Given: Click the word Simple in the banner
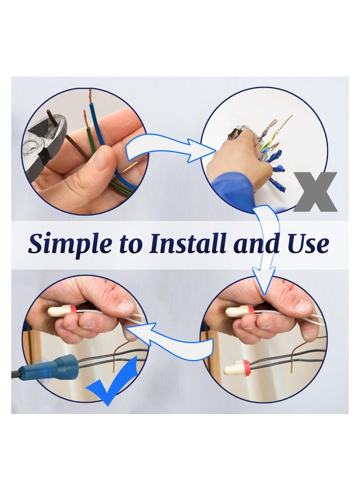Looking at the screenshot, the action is (x=70, y=244).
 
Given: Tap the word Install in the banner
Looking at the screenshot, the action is (x=188, y=243).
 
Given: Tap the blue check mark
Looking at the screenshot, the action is (x=112, y=383).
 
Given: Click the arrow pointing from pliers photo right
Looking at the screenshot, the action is (x=169, y=148).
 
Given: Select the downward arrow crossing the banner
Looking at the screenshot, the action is (x=265, y=248).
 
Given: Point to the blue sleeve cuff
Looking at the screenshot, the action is (x=234, y=187).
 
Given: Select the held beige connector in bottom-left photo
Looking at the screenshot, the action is (x=62, y=311).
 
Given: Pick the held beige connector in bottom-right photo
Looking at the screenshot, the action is (x=240, y=311).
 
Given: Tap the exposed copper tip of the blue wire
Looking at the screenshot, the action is (x=90, y=97).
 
